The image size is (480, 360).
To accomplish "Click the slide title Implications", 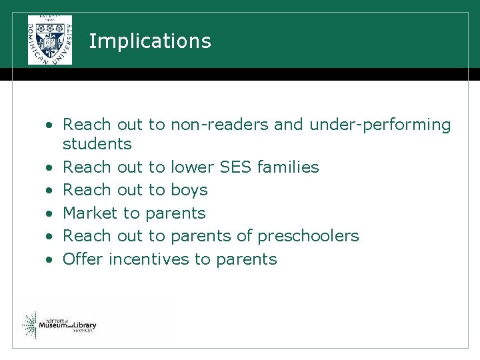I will (149, 41).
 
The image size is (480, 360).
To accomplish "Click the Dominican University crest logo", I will (50, 40).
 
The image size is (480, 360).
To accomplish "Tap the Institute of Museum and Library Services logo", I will (59, 325).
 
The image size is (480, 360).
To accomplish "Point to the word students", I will (97, 144).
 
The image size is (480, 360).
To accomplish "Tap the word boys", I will (189, 190).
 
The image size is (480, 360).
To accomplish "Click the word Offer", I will (83, 259).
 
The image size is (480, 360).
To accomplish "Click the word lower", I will (189, 167).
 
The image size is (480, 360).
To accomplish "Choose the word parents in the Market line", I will (175, 214).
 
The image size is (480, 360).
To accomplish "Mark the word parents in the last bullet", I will (246, 260).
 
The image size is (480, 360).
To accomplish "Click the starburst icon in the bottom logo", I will (30, 325).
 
